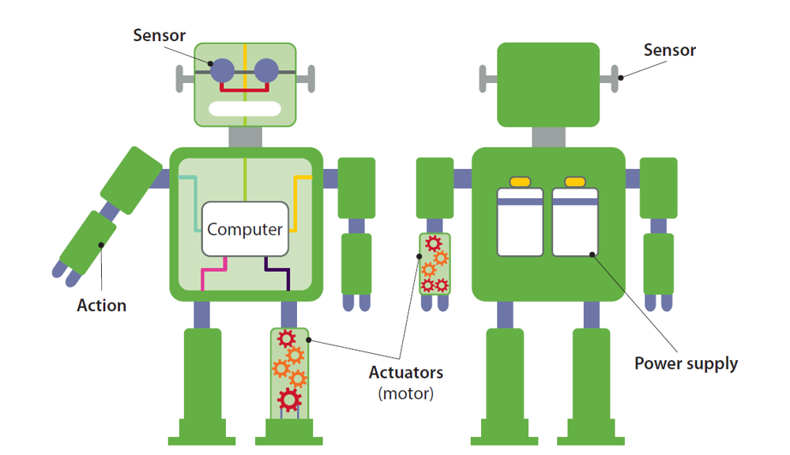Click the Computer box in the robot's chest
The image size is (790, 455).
(244, 229)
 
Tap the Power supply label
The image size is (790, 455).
(686, 363)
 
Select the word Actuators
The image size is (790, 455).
(406, 372)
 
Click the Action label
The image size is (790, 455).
(101, 305)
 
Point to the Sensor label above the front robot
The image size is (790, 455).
(159, 36)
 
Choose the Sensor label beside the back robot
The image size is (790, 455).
(670, 51)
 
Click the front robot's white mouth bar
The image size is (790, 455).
(244, 109)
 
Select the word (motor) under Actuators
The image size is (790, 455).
(406, 393)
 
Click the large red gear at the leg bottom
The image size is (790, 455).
(289, 400)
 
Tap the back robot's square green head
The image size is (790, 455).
(547, 85)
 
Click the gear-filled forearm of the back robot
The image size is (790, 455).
(434, 264)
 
